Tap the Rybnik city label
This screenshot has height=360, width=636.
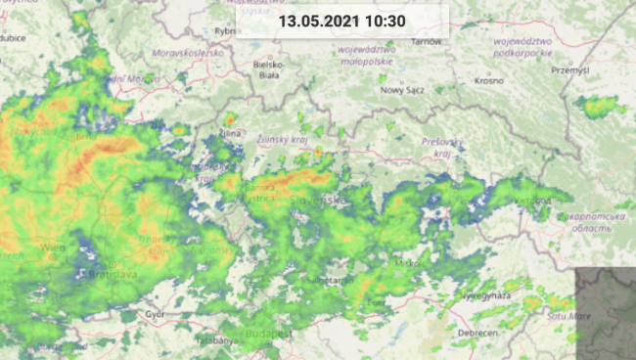point(226,31)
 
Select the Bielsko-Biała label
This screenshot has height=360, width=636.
point(267,69)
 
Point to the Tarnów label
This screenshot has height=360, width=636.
point(427,42)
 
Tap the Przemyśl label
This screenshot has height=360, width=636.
point(569,70)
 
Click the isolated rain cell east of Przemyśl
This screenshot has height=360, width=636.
point(598,104)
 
